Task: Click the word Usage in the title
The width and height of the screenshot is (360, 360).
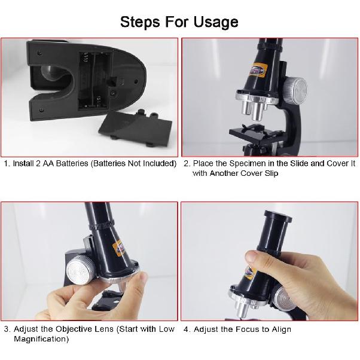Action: [x=216, y=22]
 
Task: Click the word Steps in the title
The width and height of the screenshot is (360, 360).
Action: [x=140, y=22]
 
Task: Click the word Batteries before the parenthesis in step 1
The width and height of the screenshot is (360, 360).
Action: [x=72, y=163]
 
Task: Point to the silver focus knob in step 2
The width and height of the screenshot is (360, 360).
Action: [x=295, y=90]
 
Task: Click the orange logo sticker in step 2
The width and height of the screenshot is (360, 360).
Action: [x=259, y=69]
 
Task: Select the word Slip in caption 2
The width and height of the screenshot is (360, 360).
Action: [x=271, y=173]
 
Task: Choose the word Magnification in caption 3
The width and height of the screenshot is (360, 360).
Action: [x=41, y=339]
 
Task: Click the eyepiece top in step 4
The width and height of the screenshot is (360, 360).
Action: [x=278, y=216]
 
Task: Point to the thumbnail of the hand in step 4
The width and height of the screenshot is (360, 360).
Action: [x=252, y=256]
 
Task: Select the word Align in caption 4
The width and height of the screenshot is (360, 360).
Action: [x=282, y=330]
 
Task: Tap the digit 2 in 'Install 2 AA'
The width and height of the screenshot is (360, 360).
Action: [x=38, y=163]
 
